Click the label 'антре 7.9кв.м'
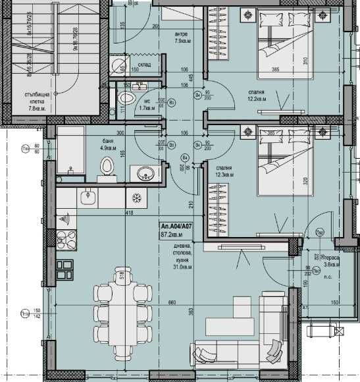tap(182, 38)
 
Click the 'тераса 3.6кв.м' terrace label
tap(332, 261)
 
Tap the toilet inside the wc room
tap(126, 99)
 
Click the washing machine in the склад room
tap(118, 66)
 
